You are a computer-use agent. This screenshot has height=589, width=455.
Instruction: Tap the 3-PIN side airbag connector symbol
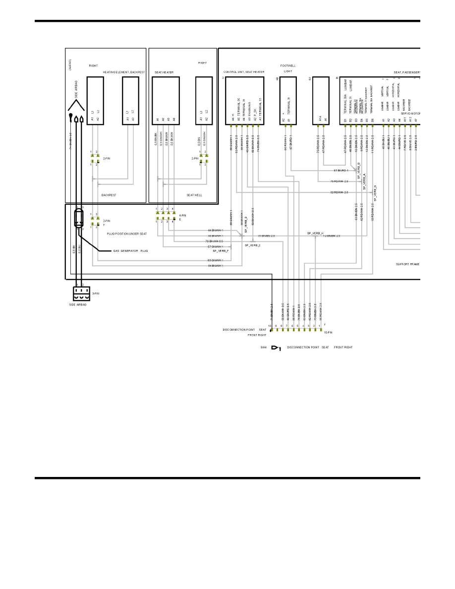(x=81, y=294)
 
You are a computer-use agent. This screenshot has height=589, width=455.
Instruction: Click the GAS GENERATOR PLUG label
(x=131, y=251)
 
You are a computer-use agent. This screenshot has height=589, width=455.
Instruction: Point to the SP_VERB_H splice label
(x=315, y=233)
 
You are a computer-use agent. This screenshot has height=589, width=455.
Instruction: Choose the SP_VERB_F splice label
(x=221, y=251)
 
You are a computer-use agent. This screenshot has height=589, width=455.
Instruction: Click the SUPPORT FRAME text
(x=407, y=264)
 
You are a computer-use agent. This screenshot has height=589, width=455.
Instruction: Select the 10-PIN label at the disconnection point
(x=328, y=333)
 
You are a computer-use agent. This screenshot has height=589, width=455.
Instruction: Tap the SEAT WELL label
(x=194, y=195)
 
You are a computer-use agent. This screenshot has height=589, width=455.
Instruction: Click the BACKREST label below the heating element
(x=109, y=195)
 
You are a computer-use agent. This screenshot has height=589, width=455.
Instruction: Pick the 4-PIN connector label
(x=183, y=215)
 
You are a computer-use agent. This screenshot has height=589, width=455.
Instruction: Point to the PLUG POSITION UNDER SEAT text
(x=127, y=234)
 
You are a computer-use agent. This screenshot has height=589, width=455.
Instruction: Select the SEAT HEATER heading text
(x=164, y=72)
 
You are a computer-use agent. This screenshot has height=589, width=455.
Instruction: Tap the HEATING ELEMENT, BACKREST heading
(x=123, y=72)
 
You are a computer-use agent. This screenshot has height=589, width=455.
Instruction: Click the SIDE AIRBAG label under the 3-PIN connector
(x=78, y=304)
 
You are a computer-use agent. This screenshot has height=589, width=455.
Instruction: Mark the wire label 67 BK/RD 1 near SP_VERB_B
(x=341, y=171)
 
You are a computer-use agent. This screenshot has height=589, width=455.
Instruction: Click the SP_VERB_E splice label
(x=252, y=245)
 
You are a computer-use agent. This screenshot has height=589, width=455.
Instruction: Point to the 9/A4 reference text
(x=264, y=347)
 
